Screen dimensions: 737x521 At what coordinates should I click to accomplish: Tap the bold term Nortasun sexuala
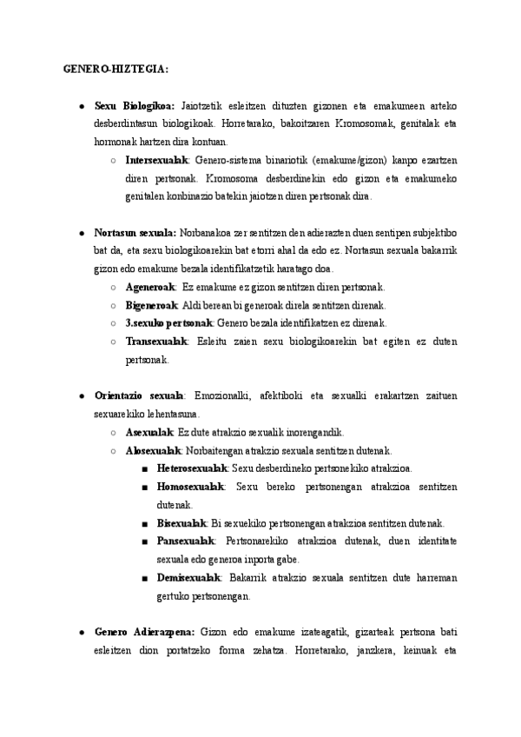135,233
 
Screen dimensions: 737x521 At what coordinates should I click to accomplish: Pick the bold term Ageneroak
150,287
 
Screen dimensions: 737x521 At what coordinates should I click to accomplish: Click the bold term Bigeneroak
152,305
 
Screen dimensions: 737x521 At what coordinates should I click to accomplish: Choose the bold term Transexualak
156,342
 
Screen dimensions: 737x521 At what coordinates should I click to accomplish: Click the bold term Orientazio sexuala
139,395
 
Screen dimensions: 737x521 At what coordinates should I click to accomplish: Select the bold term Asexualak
149,432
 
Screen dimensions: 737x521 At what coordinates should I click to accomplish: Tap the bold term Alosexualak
153,450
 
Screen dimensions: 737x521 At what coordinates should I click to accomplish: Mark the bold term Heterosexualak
188,468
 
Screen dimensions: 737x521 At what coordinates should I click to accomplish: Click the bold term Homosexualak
190,487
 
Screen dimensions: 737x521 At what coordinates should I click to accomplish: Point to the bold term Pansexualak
185,541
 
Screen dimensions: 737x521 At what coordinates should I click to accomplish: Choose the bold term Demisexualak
188,577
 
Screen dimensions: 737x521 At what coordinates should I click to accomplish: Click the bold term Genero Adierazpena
144,631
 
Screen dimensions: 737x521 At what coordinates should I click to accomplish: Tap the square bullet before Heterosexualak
142,468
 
